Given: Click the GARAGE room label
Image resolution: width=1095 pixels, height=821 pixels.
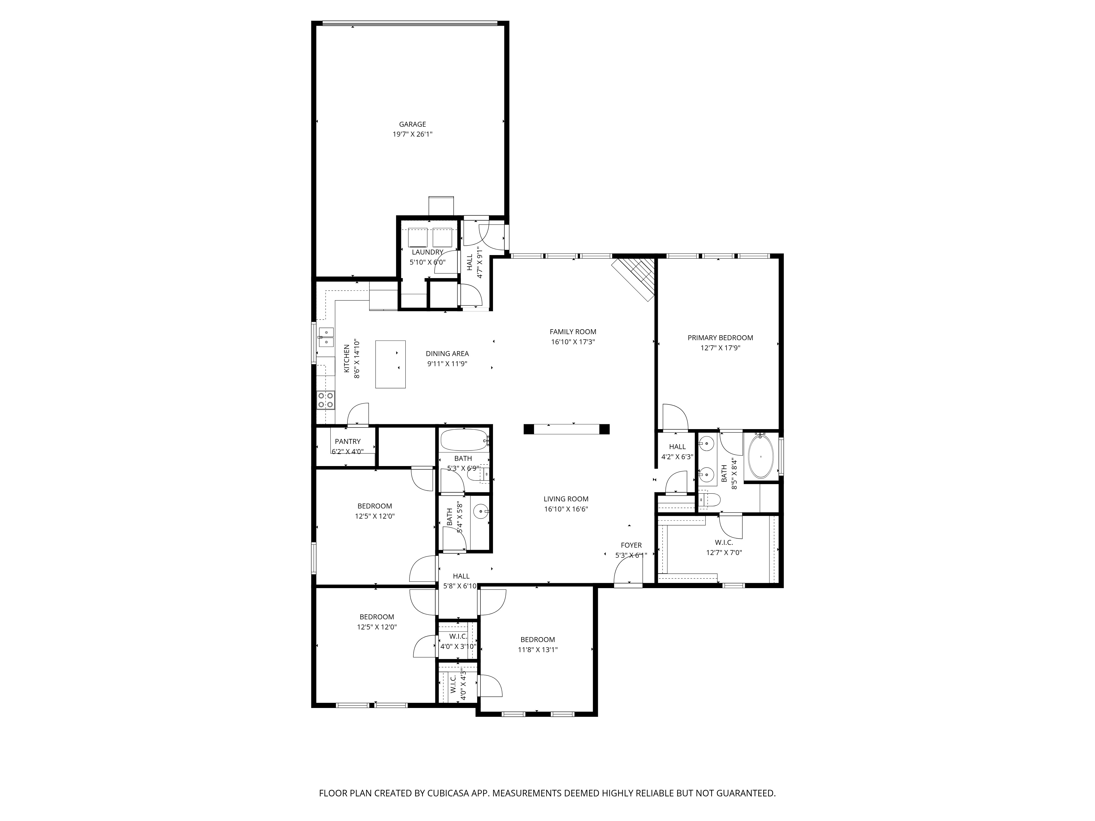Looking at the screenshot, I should point(412,124).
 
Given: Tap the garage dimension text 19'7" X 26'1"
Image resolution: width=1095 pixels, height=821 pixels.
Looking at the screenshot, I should point(412,134).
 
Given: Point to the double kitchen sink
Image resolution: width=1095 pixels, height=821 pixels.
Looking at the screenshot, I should point(326,337).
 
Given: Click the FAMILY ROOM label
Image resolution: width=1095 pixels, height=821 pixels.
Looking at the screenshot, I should point(573,332).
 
